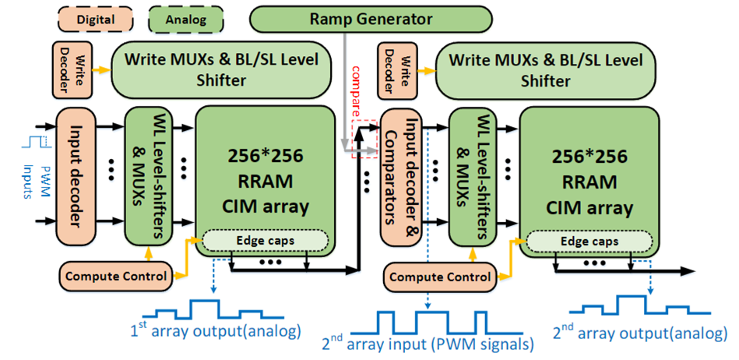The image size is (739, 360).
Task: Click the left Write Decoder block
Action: (67, 69)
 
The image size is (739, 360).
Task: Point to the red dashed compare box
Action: (363, 138)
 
